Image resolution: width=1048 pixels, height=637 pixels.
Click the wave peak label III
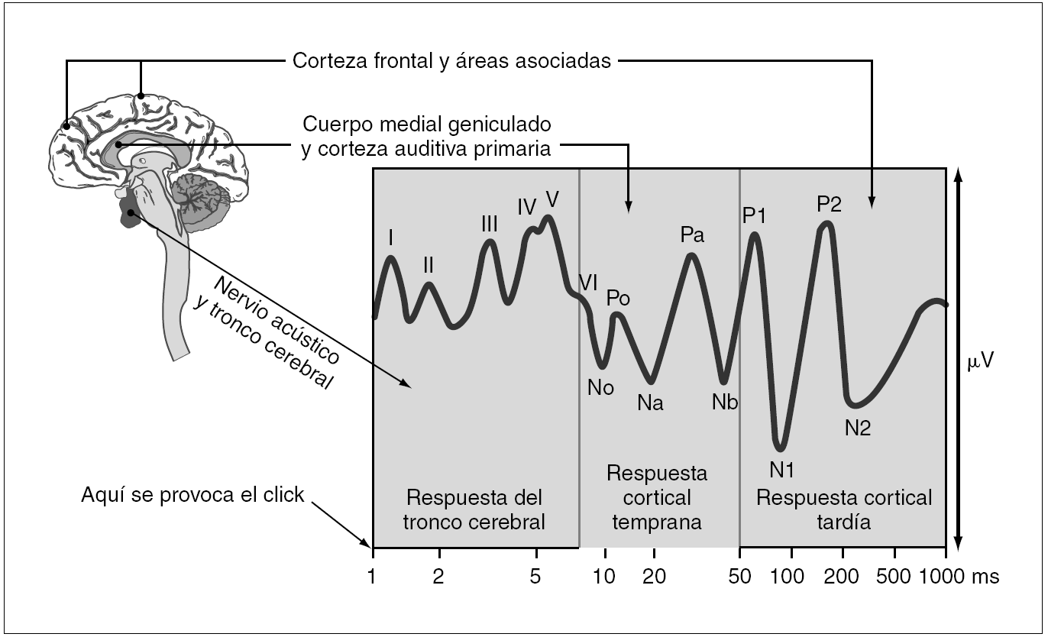pos(490,224)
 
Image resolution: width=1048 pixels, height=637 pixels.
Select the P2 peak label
pos(829,204)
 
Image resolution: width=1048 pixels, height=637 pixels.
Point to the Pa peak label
pos(691,235)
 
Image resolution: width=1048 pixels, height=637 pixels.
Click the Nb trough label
pos(724,402)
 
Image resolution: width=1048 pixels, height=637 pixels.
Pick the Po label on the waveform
pos(618,298)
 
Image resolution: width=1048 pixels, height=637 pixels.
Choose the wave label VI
pos(587,282)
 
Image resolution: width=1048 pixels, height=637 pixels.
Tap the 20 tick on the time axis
pos(655,576)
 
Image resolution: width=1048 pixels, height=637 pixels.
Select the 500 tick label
pos(893,576)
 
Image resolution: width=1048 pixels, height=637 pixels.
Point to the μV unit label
pos(980,361)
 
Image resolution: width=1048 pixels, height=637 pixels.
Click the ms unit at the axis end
pos(985,576)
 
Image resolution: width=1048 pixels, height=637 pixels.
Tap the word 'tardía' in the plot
pos(843,522)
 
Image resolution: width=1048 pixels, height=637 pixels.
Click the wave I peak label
pos(391,238)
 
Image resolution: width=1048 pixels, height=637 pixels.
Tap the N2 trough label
pos(857,428)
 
